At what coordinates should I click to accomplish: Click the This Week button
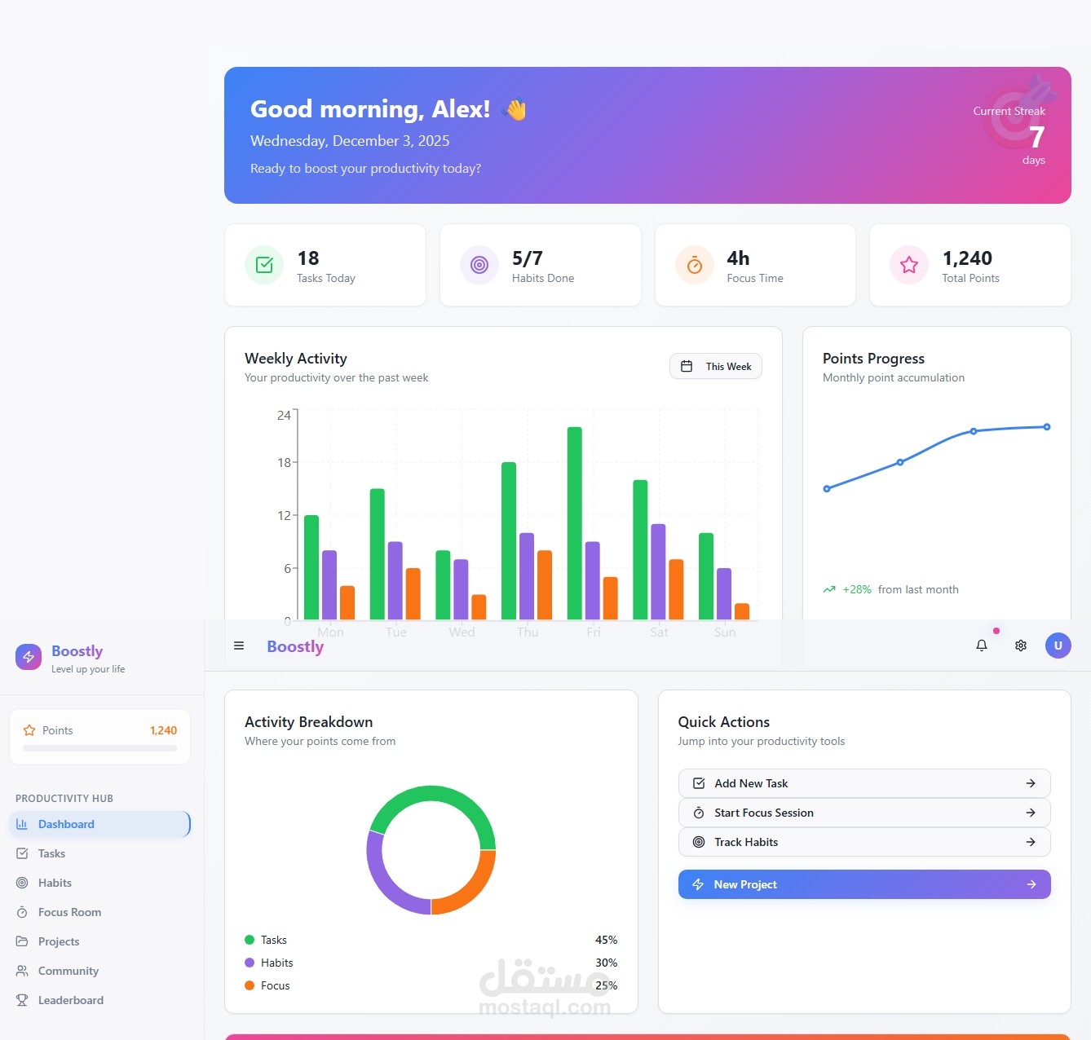click(716, 367)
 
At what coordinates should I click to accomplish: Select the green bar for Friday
click(575, 522)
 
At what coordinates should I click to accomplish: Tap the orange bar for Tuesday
click(413, 593)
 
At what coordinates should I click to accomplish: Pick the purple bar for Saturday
click(658, 571)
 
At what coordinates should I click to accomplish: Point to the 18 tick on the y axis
click(284, 463)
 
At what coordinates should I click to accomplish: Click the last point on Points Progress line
click(1047, 427)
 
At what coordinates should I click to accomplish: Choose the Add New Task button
click(864, 783)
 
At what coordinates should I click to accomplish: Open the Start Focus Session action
click(864, 813)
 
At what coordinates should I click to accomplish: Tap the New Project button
click(864, 884)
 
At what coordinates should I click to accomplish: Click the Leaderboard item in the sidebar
click(70, 1000)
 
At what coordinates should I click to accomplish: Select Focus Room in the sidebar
click(69, 912)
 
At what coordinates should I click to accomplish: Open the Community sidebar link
click(68, 971)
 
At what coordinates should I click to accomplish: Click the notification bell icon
click(982, 646)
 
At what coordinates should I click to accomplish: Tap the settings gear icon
click(1021, 646)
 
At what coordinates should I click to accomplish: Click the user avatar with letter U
click(1058, 646)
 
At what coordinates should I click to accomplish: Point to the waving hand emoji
click(515, 109)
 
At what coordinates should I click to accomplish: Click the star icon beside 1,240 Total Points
click(909, 265)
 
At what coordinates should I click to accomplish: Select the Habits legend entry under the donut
click(276, 963)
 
